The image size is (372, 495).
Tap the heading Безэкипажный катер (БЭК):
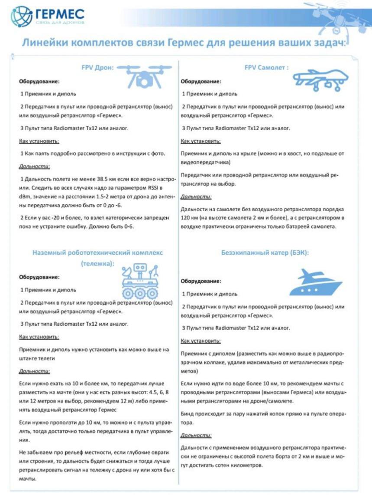tap(265, 252)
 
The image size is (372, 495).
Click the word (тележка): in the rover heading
tap(97, 263)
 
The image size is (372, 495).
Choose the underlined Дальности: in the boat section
tap(196, 435)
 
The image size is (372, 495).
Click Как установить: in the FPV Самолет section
tap(201, 141)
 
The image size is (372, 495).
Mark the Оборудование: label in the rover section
tap(39, 277)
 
